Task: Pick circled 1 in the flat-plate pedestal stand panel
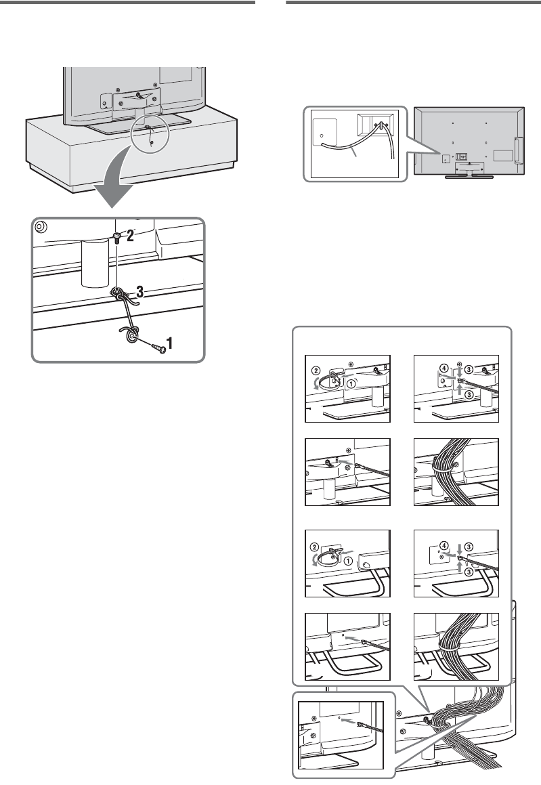[x=352, y=383]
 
